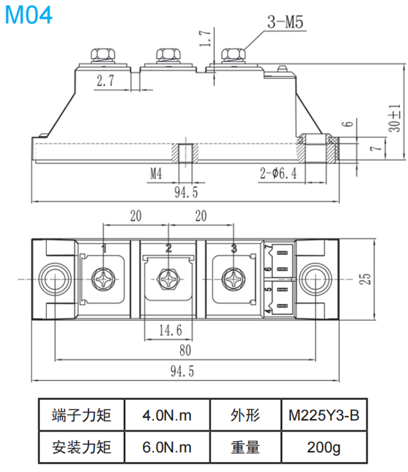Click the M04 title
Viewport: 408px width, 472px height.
(28, 14)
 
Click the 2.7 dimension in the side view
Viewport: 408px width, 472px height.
(105, 82)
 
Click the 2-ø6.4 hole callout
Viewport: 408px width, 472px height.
(278, 173)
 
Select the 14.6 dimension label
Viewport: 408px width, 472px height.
(169, 330)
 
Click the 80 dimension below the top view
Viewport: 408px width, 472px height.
(185, 350)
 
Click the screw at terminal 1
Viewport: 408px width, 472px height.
(104, 279)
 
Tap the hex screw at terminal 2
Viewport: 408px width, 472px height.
(168, 279)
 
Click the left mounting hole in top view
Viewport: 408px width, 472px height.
(53, 279)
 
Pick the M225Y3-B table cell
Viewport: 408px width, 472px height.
(324, 415)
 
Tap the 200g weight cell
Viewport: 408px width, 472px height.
(324, 447)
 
